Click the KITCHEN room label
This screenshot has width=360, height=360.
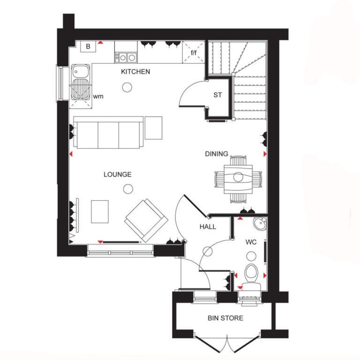tap(135, 72)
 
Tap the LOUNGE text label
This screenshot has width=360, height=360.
tap(118, 174)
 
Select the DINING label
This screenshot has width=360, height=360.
tap(217, 154)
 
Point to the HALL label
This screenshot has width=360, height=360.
tap(208, 227)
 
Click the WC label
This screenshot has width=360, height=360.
tap(251, 242)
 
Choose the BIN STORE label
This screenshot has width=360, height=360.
tap(225, 318)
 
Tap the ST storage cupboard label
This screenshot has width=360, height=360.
tap(217, 95)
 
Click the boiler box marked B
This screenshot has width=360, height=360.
tap(88, 46)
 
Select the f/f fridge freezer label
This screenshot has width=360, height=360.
tap(194, 52)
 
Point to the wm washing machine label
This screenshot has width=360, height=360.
tap(98, 97)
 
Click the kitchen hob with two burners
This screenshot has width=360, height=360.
tap(126, 57)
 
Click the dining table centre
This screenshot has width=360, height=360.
tap(238, 177)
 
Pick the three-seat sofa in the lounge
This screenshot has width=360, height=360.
tap(108, 133)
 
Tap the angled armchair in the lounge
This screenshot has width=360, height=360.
tap(146, 220)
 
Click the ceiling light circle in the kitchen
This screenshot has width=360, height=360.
tap(127, 87)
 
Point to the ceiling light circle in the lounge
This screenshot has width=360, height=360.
tap(128, 189)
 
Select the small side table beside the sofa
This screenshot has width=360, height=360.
tap(154, 128)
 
